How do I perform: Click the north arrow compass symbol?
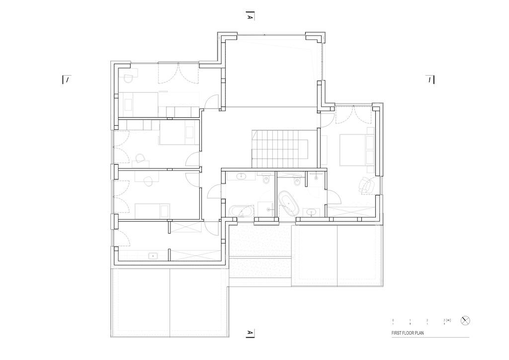point(465,320)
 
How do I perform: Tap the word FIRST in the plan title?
point(396,333)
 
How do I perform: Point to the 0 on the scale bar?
point(393,320)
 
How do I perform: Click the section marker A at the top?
point(250,16)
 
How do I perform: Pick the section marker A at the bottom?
point(250,333)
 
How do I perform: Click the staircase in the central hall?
point(280,148)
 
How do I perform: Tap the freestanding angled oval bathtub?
point(288,203)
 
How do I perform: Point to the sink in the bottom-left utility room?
point(153,256)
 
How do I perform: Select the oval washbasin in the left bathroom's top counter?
point(241,177)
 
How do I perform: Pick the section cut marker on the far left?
point(66,80)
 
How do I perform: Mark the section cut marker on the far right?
point(430,80)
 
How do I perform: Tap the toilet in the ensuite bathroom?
point(297,182)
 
